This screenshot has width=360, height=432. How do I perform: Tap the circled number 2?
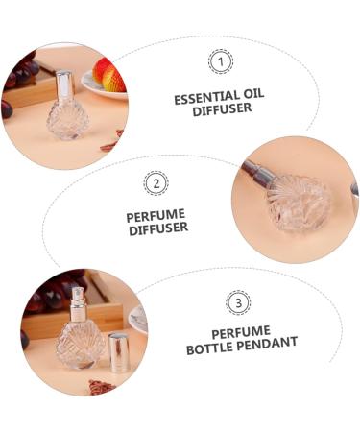pyautogui.click(x=156, y=182)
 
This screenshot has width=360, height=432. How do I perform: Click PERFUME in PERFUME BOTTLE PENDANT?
pyautogui.click(x=241, y=332)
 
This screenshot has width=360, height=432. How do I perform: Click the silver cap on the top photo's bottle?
pyautogui.click(x=64, y=86)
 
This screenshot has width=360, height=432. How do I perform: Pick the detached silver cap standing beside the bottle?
pyautogui.click(x=119, y=353)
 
